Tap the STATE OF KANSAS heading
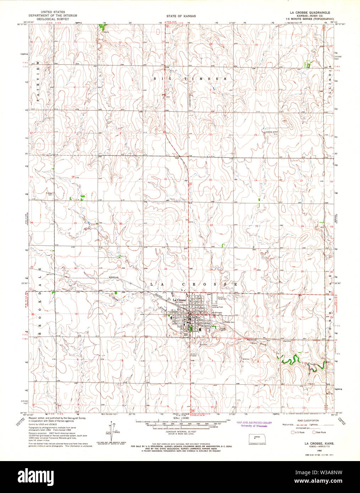[x=181, y=16]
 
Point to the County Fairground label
[x=222, y=298]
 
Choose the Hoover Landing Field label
[x=217, y=306]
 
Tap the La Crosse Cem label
[x=228, y=322]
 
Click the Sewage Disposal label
[x=223, y=328]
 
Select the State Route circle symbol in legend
[x=314, y=432]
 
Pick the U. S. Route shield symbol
[x=293, y=432]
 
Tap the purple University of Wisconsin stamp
[x=254, y=424]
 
